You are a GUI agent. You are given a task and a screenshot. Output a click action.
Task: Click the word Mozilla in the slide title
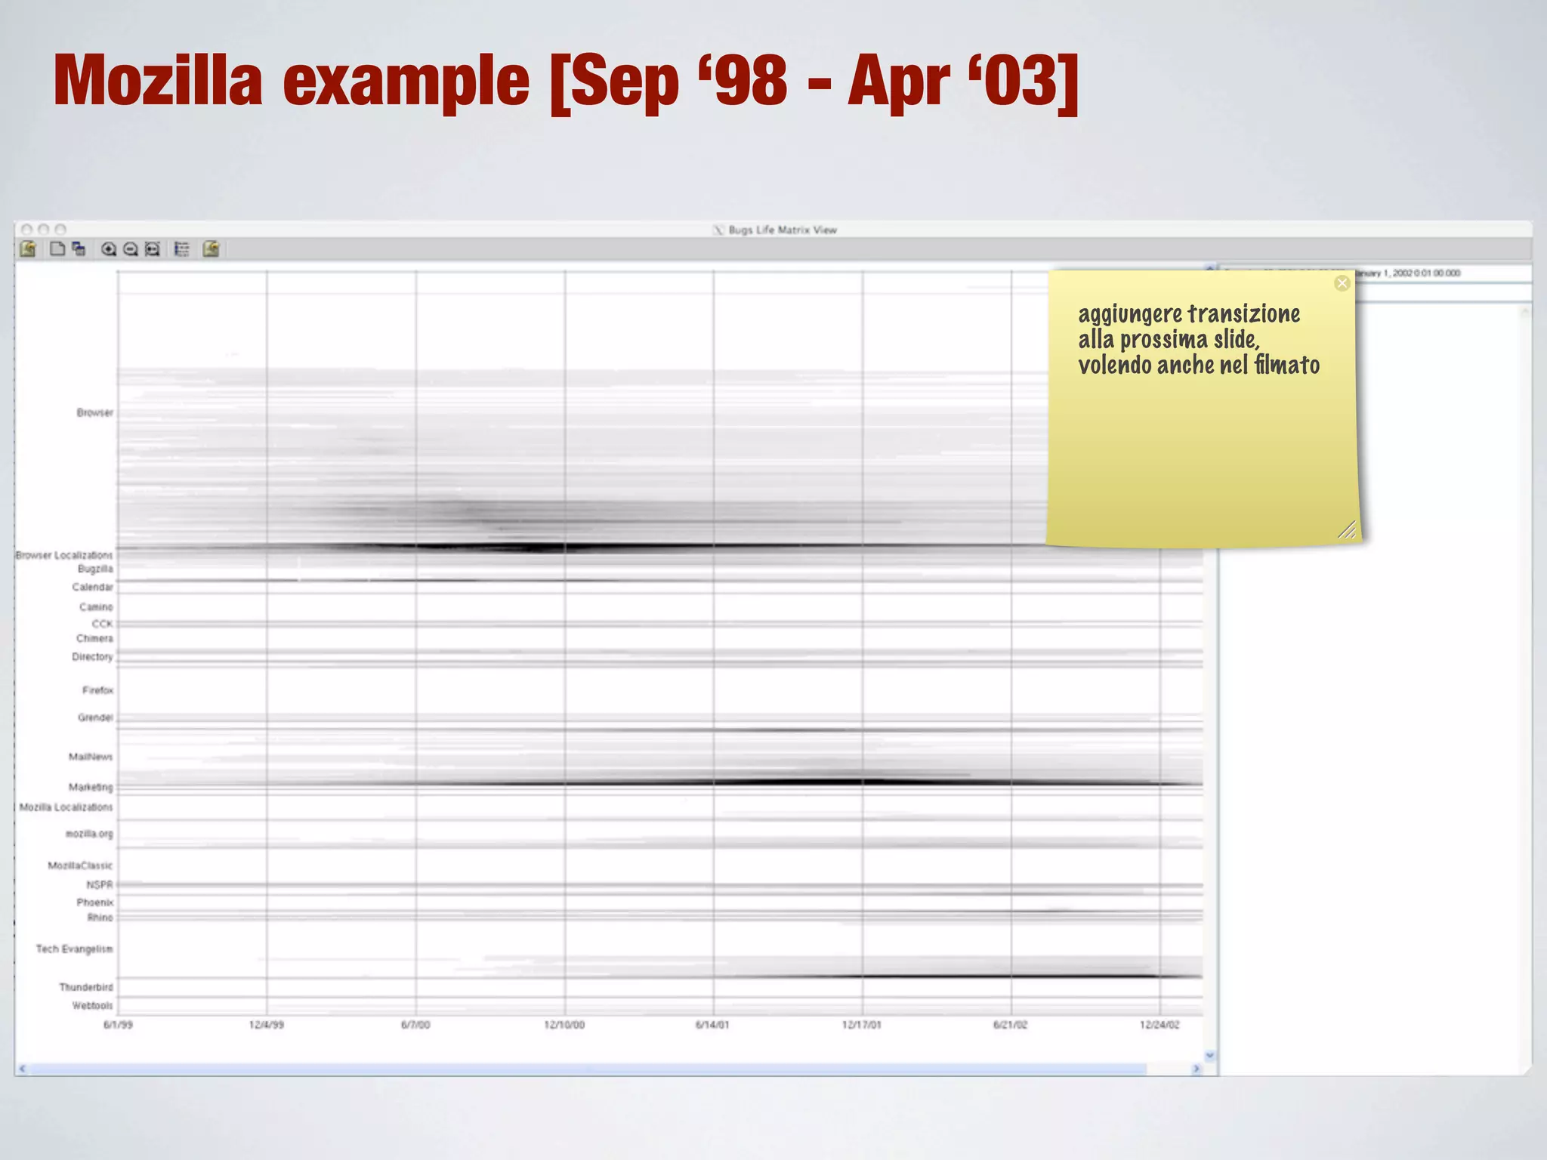[158, 81]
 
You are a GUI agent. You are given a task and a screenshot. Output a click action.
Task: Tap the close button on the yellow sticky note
[1342, 283]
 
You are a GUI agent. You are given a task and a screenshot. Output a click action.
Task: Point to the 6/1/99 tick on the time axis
[118, 1025]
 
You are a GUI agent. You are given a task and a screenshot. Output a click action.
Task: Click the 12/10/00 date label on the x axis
[564, 1025]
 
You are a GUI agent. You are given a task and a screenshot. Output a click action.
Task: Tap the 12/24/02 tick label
[1159, 1025]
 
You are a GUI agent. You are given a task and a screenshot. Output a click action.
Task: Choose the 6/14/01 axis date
[712, 1025]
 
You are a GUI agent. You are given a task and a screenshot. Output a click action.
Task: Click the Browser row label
[94, 412]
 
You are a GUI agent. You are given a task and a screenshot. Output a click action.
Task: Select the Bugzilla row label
[95, 569]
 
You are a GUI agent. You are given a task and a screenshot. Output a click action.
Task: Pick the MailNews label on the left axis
[91, 757]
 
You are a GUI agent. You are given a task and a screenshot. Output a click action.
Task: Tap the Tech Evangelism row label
[74, 949]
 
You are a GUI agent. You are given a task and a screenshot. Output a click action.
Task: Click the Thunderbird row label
[86, 987]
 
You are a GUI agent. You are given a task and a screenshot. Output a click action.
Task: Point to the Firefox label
[97, 690]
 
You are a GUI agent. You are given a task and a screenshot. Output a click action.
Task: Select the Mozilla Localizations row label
[66, 807]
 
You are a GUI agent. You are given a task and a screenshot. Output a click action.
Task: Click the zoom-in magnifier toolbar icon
[109, 249]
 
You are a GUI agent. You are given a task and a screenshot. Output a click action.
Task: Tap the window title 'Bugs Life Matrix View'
[782, 230]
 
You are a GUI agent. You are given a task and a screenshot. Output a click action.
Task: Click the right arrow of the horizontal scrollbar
[1196, 1069]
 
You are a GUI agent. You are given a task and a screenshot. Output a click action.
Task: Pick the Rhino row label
[100, 918]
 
